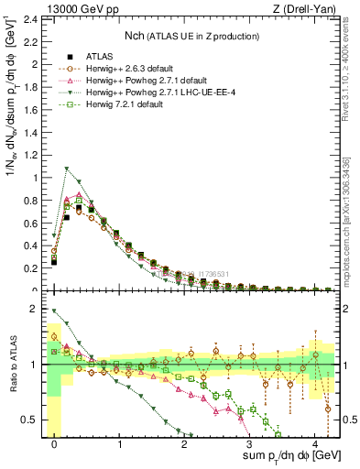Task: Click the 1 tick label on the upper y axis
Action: [36, 178]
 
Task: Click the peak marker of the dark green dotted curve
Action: [67, 169]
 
